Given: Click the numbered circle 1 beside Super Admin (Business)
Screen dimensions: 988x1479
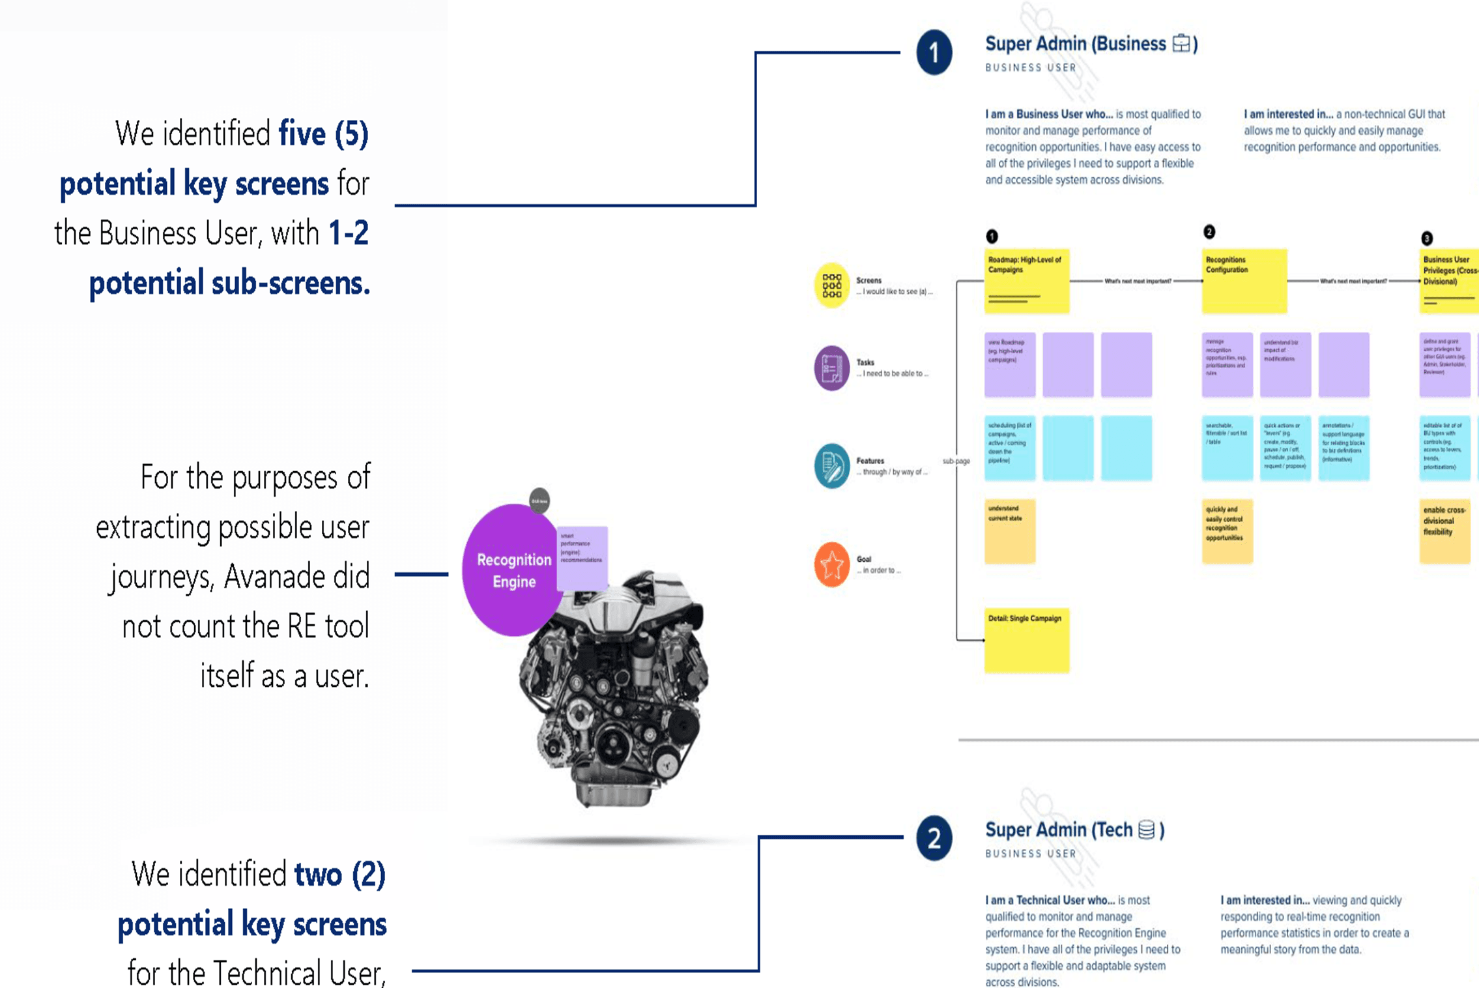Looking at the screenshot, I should (934, 52).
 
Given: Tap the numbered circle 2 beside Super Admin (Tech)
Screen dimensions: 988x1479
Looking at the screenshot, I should (934, 838).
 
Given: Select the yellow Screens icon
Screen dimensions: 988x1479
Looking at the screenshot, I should (831, 285).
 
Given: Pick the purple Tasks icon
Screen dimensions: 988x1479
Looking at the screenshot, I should (831, 368).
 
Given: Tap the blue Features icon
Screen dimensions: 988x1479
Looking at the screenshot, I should (831, 466).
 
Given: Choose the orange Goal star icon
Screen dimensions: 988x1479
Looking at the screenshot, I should (831, 564).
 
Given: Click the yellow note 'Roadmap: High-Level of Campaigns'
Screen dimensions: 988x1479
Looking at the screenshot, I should (1026, 280).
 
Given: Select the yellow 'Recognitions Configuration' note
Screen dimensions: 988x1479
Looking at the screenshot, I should (1244, 280).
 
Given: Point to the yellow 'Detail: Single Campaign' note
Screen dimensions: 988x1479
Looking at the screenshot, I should (1026, 639).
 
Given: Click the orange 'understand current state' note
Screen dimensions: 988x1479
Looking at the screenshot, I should (1009, 530).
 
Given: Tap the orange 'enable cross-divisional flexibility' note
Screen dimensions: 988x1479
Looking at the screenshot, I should (1444, 530).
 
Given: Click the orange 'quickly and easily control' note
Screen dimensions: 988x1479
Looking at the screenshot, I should (1227, 530).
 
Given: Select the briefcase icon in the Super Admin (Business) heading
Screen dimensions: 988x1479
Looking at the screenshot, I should (1181, 44).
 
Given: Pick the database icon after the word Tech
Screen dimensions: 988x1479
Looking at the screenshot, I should (1146, 830).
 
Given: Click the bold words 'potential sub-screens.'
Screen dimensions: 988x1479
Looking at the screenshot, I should (229, 283).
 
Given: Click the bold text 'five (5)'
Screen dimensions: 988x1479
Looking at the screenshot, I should (323, 134).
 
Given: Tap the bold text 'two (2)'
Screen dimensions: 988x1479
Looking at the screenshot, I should (339, 875).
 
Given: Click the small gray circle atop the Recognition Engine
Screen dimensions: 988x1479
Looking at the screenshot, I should (539, 501).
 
